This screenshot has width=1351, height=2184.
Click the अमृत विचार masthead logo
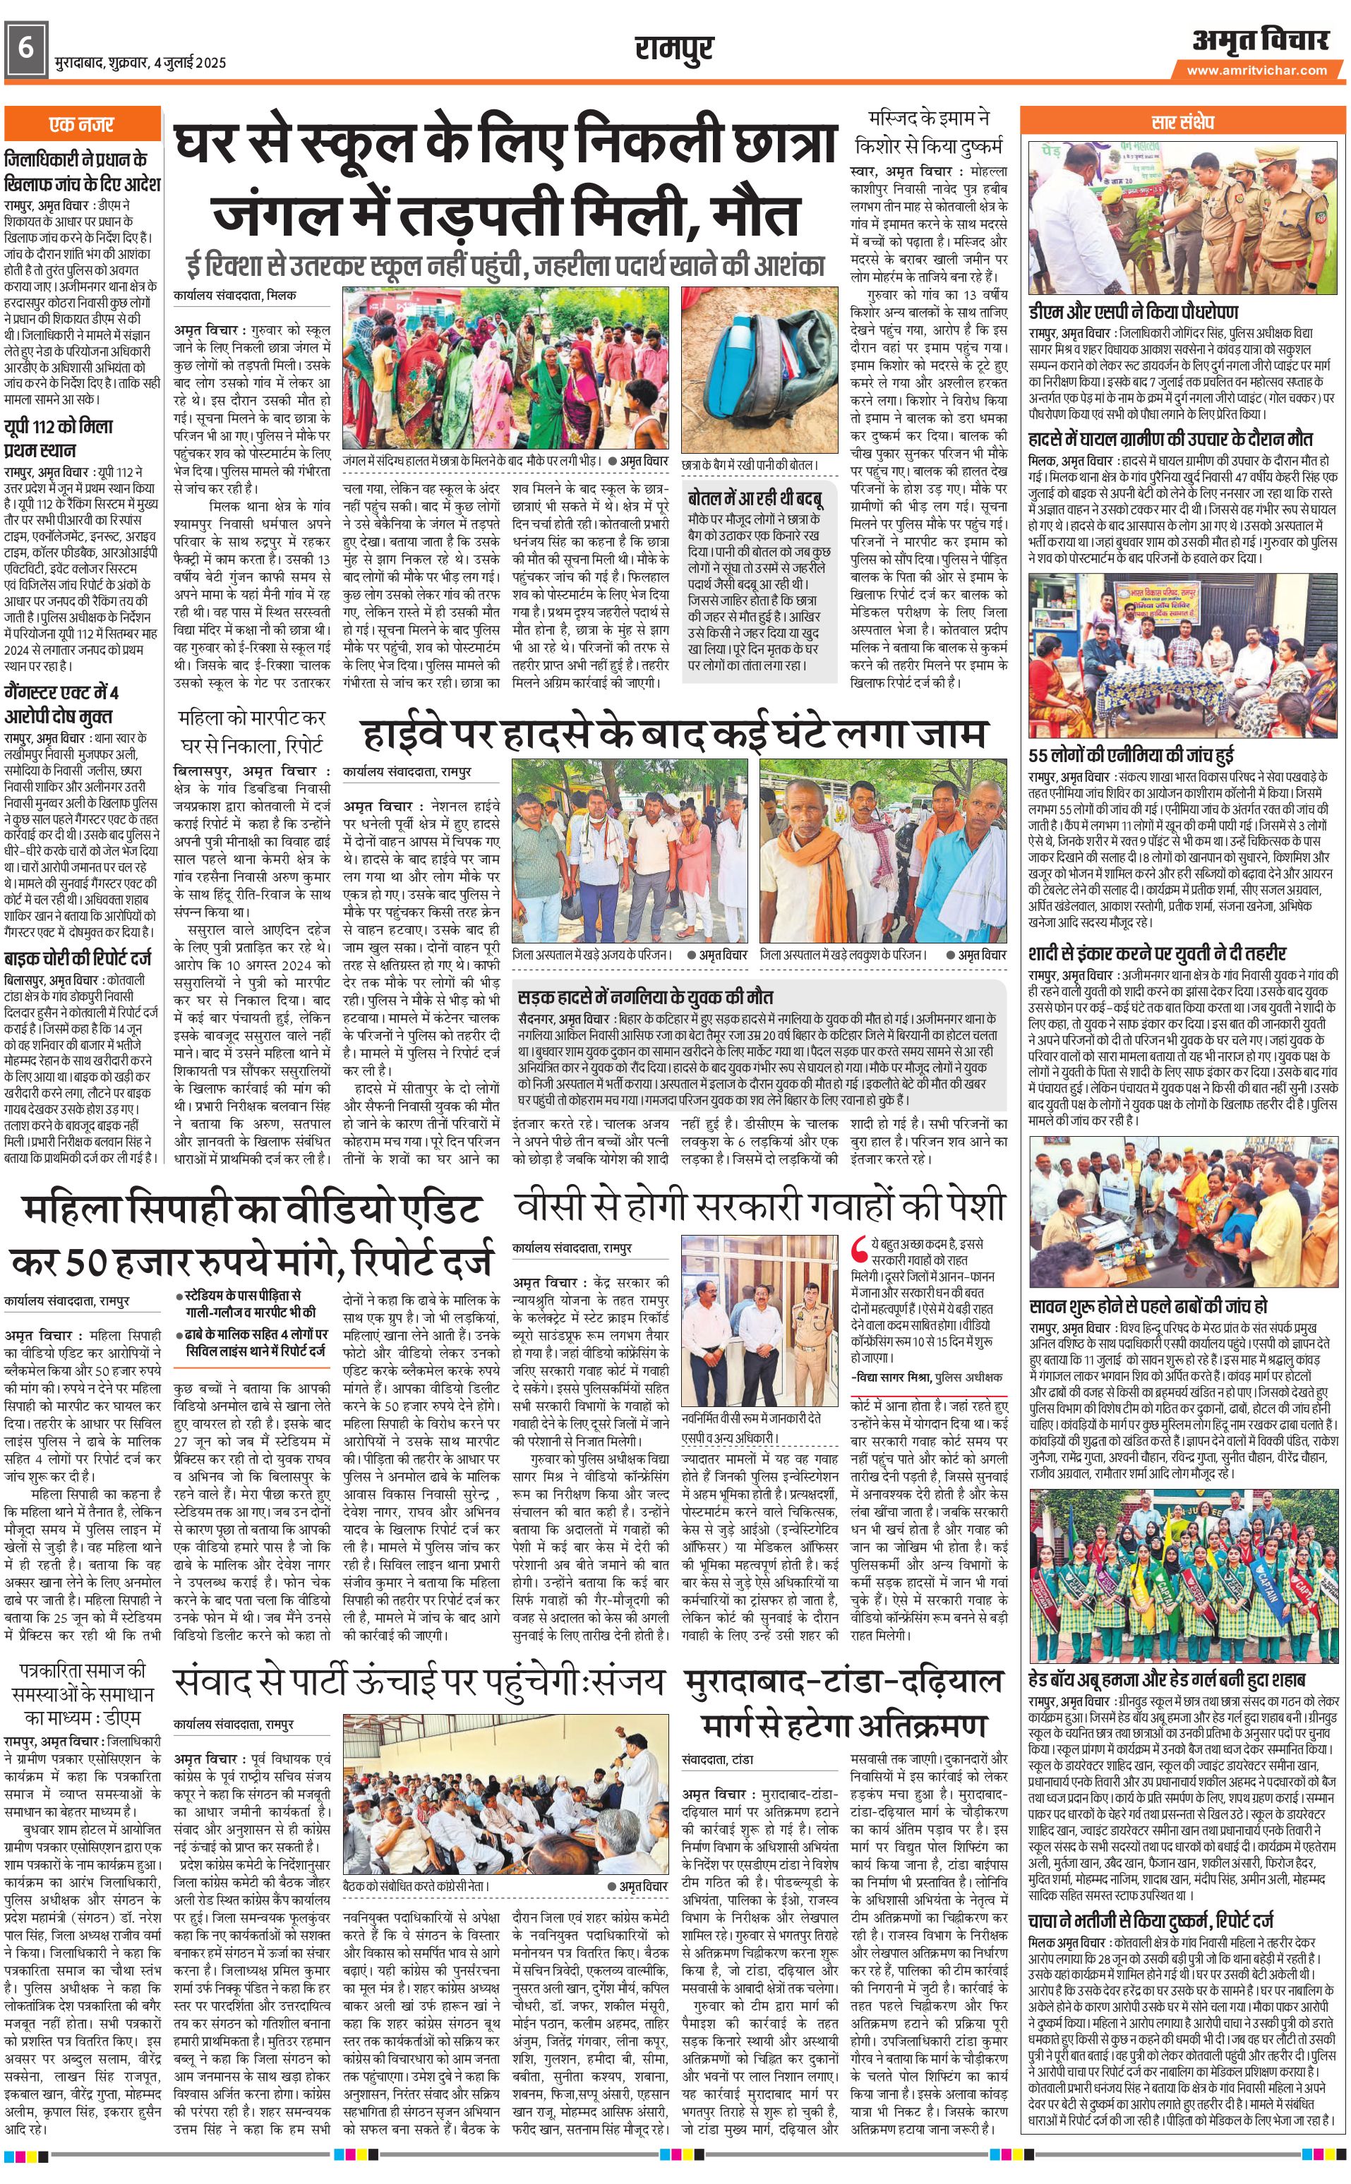1260,40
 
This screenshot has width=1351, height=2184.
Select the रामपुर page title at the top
675,47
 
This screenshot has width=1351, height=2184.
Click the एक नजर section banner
81,125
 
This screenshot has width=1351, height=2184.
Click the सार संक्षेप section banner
1183,121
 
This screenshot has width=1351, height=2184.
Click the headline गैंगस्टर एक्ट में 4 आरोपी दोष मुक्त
61,705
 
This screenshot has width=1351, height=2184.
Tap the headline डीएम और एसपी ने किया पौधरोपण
1133,312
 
